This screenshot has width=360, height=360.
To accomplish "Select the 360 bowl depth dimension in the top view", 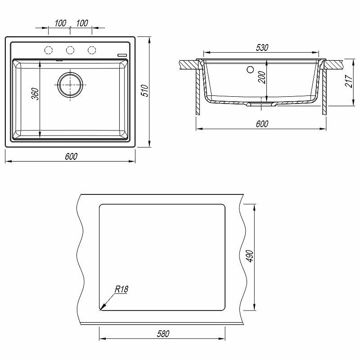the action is pyautogui.click(x=35, y=94).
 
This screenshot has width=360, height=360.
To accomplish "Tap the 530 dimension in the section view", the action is pyautogui.click(x=262, y=48).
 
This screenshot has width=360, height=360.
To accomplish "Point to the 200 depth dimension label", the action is pyautogui.click(x=262, y=77).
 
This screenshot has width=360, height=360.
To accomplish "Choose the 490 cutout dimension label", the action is pyautogui.click(x=250, y=256).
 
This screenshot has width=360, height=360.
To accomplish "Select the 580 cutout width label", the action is pyautogui.click(x=163, y=334).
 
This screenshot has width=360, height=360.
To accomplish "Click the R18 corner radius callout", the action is pyautogui.click(x=121, y=289).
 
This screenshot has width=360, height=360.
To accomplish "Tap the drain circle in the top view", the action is pyautogui.click(x=70, y=85).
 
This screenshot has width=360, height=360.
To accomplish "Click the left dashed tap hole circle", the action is pyautogui.click(x=49, y=50).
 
